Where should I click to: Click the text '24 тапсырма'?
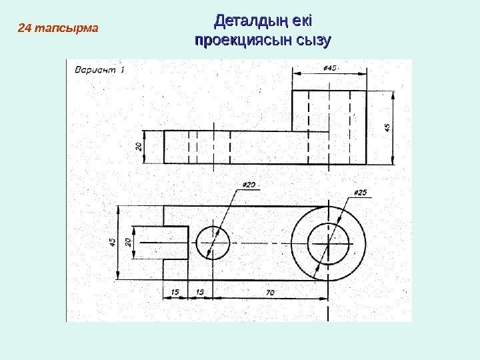[x=57, y=29]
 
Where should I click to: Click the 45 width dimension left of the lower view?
[x=113, y=242]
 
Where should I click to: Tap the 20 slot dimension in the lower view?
[x=129, y=242]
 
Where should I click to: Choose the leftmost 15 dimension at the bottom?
[x=175, y=292]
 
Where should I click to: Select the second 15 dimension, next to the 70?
[x=199, y=292]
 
